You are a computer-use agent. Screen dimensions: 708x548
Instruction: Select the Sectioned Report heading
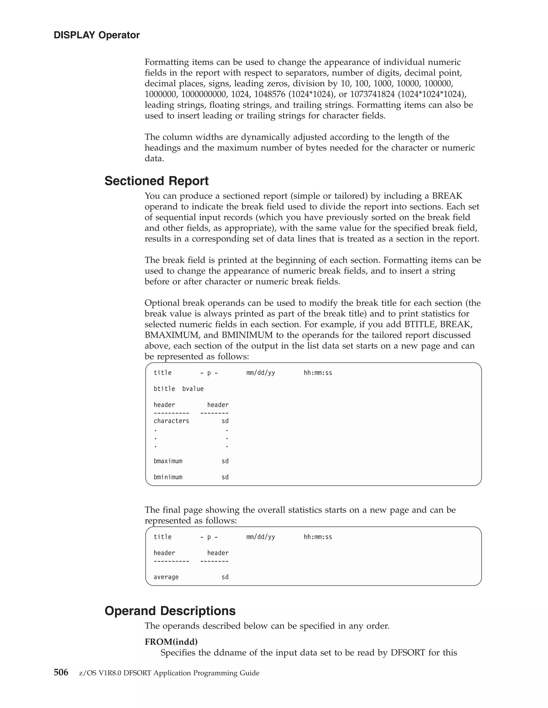pyautogui.click(x=156, y=181)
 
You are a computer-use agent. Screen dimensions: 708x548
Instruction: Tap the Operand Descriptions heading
pyautogui.click(x=170, y=611)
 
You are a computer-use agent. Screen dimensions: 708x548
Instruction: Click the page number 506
pyautogui.click(x=61, y=673)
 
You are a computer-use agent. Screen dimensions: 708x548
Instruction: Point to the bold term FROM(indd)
pyautogui.click(x=171, y=641)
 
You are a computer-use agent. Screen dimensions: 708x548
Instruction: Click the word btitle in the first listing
pyautogui.click(x=164, y=389)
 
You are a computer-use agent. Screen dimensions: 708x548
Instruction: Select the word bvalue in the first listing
pyautogui.click(x=193, y=389)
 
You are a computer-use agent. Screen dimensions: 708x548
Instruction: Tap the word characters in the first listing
pyautogui.click(x=171, y=421)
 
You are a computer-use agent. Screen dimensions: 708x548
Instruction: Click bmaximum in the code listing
pyautogui.click(x=168, y=461)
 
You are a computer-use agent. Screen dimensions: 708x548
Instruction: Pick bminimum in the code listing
pyautogui.click(x=168, y=477)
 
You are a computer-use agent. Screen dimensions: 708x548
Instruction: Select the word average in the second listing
pyautogui.click(x=166, y=577)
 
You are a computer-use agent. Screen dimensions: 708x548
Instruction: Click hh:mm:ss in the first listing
pyautogui.click(x=318, y=373)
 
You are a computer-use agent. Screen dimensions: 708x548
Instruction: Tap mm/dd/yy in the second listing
pyautogui.click(x=260, y=537)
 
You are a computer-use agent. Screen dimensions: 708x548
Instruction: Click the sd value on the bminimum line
pyautogui.click(x=225, y=477)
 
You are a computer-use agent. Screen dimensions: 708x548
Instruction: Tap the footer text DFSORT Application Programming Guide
pyautogui.click(x=191, y=673)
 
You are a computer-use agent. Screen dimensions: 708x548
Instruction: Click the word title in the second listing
pyautogui.click(x=162, y=537)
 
